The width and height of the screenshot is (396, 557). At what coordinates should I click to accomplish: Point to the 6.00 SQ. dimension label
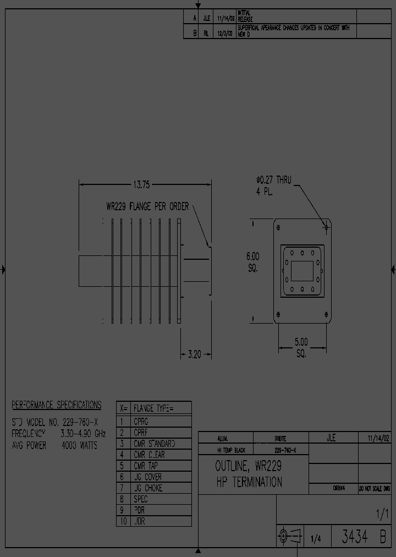[252, 262]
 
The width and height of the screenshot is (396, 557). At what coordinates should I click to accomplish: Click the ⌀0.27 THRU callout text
[274, 180]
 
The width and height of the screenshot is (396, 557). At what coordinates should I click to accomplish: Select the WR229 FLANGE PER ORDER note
[147, 207]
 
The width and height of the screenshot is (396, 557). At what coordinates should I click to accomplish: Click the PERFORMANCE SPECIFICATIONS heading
[57, 405]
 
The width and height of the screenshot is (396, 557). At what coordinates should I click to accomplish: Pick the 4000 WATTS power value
[80, 445]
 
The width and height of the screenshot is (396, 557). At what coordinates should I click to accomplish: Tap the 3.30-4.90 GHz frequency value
[82, 434]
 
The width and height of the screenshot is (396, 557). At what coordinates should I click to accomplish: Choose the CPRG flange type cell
[141, 421]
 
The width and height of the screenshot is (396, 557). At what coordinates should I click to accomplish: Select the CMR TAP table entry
[146, 466]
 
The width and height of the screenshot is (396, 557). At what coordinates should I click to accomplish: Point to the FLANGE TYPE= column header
[153, 408]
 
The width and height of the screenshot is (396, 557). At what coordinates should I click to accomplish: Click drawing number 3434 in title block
[355, 537]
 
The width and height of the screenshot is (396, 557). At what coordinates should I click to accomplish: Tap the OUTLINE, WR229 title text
[248, 466]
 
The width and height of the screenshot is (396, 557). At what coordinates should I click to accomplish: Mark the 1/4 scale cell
[316, 539]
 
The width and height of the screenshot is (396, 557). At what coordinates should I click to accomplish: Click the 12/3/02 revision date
[226, 32]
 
